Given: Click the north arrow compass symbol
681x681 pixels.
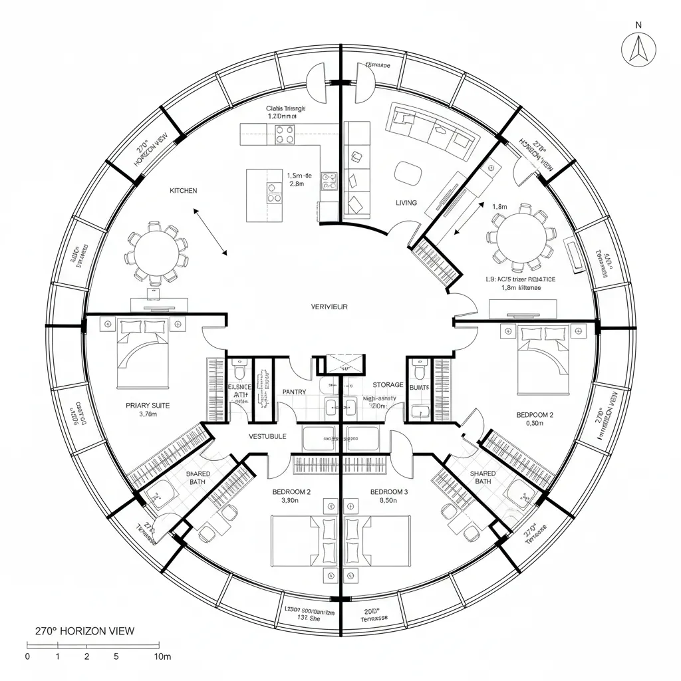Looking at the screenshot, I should click(640, 49).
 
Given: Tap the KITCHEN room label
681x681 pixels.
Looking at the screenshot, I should click(184, 191).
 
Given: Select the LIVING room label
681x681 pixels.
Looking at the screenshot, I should click(406, 203).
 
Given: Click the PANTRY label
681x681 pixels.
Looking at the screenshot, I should click(293, 392).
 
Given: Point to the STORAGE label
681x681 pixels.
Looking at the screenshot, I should click(388, 385).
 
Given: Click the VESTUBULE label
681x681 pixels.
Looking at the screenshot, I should click(267, 436).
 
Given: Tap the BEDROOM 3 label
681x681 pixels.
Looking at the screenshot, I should click(389, 492).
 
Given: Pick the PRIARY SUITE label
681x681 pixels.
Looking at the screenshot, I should click(148, 404).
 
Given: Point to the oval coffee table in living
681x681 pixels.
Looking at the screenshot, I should click(407, 174).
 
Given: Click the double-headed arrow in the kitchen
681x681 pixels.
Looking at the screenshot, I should click(210, 231).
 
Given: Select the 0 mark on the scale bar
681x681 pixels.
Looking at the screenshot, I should click(27, 656).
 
